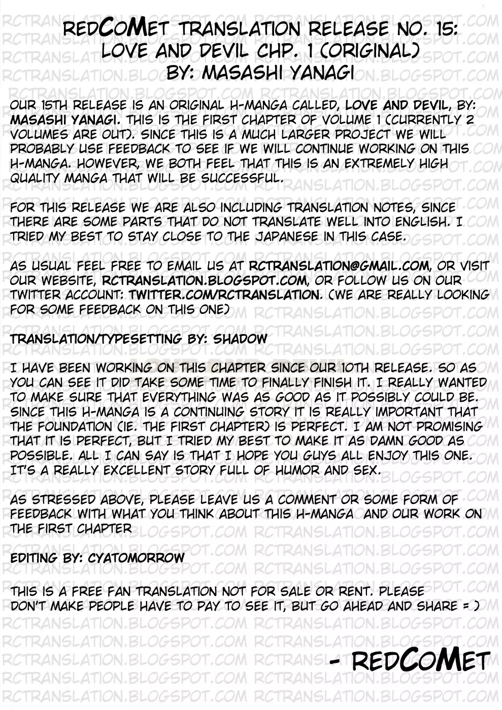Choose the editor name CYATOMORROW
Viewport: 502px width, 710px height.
point(136,558)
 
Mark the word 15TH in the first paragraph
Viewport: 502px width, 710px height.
point(54,105)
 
